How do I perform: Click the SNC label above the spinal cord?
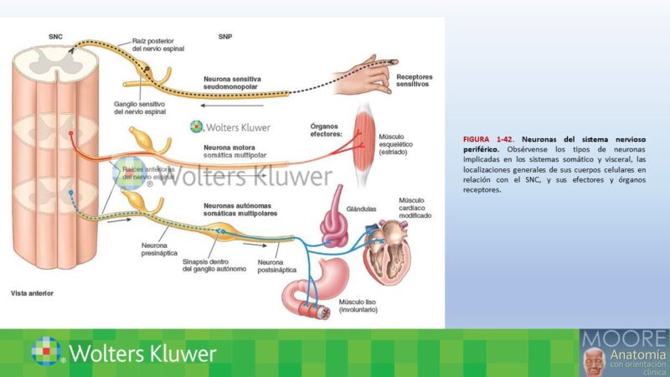click(x=56, y=36)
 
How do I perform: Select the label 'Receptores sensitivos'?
click(x=413, y=80)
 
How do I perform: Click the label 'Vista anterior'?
click(x=32, y=294)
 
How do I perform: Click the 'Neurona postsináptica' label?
click(x=282, y=266)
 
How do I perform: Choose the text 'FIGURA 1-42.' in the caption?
click(x=487, y=138)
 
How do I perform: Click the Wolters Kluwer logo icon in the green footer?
click(x=47, y=352)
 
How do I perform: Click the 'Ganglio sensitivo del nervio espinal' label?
click(x=140, y=108)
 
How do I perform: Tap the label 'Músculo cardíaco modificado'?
click(x=415, y=208)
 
